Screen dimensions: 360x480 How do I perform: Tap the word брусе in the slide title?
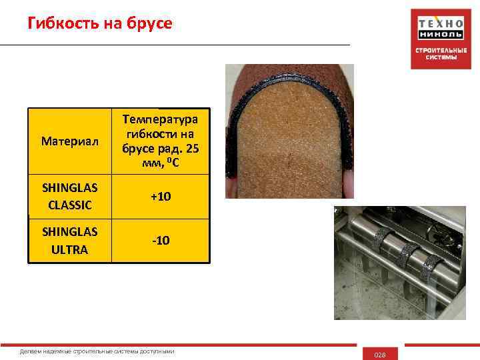pyautogui.click(x=149, y=24)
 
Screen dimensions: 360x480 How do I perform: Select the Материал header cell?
pyautogui.click(x=69, y=141)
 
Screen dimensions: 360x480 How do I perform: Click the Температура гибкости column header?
pyautogui.click(x=160, y=141)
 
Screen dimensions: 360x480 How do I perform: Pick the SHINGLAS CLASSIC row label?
pyautogui.click(x=69, y=198)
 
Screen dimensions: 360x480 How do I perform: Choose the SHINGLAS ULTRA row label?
pyautogui.click(x=69, y=241)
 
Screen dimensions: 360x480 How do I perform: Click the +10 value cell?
pyautogui.click(x=160, y=198)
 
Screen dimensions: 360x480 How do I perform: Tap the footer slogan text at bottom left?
pyautogui.click(x=97, y=351)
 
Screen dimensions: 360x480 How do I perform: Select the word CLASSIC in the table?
pyautogui.click(x=69, y=205)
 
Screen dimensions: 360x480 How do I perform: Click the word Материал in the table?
pyautogui.click(x=69, y=141)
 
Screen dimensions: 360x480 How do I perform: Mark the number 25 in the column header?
pyautogui.click(x=196, y=147)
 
